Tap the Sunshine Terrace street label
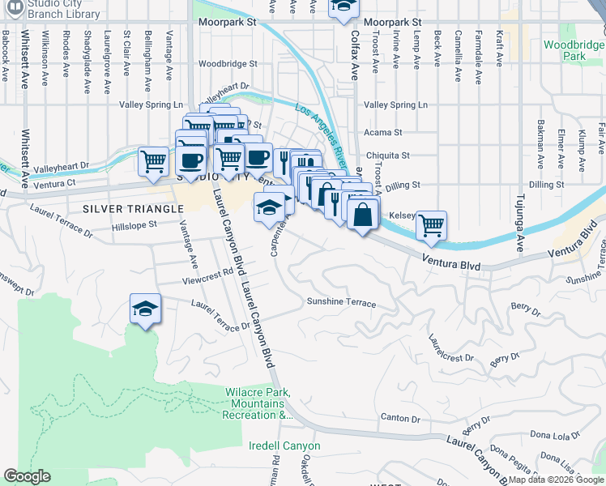coord(341,303)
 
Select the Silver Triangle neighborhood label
coord(122,208)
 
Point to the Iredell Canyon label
coord(284,446)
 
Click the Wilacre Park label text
coord(258,403)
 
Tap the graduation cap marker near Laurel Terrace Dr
coord(145,309)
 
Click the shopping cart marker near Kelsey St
coord(432,224)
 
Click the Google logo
coord(27,476)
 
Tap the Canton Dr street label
coord(405,419)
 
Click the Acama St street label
coord(383,132)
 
